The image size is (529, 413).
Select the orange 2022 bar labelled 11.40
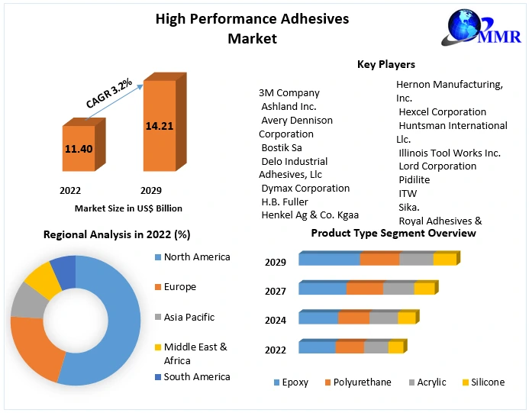[x=78, y=149]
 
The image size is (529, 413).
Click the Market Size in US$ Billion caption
[x=128, y=208]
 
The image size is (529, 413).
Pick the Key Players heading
[x=385, y=64]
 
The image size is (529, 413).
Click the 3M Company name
[x=289, y=93]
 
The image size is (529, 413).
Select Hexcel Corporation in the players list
[x=442, y=111]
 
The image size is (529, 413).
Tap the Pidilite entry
[x=414, y=179]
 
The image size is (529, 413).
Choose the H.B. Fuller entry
[x=285, y=202]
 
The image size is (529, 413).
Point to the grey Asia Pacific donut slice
[x=26, y=302]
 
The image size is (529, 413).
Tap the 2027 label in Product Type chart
[x=276, y=291]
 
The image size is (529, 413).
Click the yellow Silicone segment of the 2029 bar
[x=444, y=259]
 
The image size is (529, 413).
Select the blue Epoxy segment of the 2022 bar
[x=317, y=347]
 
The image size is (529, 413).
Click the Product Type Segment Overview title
[x=393, y=233]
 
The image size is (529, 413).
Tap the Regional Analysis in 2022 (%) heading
[x=117, y=234]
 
